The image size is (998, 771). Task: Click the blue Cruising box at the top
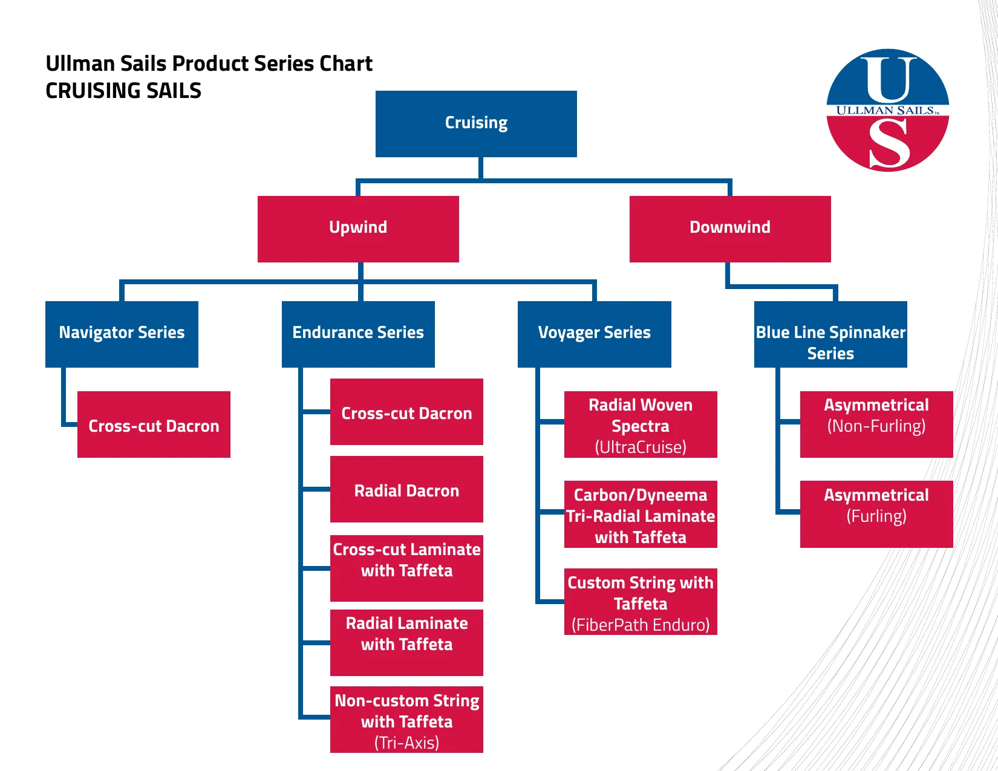tap(476, 123)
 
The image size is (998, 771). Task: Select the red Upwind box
tap(358, 229)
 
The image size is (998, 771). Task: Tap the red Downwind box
tap(730, 229)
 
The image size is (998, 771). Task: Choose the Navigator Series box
tap(122, 334)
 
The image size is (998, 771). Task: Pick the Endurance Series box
tap(358, 334)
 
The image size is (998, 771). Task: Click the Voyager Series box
tap(594, 334)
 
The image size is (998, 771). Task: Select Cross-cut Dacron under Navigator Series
tap(154, 425)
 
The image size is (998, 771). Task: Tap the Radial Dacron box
tap(406, 489)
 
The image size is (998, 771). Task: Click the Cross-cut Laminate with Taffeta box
tap(406, 568)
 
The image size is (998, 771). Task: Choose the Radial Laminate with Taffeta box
tap(406, 642)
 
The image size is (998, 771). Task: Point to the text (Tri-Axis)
tap(406, 743)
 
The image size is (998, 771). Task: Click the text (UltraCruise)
tap(641, 447)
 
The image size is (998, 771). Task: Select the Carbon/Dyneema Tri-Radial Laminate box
tap(641, 514)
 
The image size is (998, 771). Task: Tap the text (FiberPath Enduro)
tap(641, 625)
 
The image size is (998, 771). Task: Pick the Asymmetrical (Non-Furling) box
tap(876, 424)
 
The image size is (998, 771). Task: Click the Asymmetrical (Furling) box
tap(876, 514)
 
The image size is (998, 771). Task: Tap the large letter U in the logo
tap(888, 79)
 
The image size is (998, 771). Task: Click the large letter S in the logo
tap(889, 144)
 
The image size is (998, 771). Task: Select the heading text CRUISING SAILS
tap(123, 91)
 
